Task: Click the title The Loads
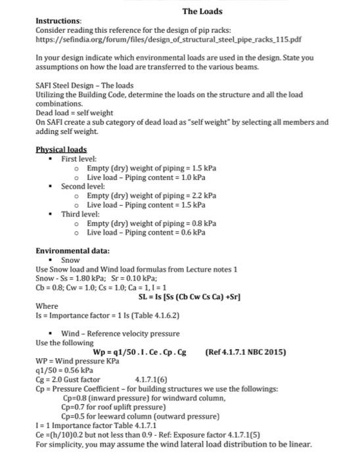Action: point(202,11)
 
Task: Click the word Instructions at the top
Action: point(58,21)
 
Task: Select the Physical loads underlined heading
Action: point(61,150)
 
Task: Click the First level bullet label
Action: point(79,159)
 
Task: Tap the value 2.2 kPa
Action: point(203,195)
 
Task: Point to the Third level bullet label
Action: point(80,214)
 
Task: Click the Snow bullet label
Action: point(70,260)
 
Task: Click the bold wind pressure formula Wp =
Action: point(140,352)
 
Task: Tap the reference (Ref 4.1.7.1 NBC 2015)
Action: point(246,352)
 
